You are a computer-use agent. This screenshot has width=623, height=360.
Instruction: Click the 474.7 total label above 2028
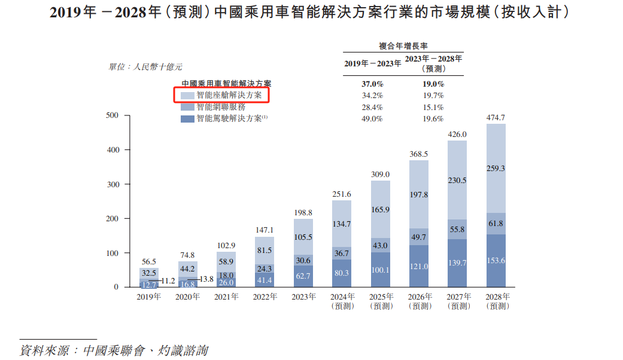[496, 117]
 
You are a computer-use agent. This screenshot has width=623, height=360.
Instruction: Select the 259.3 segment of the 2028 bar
[496, 169]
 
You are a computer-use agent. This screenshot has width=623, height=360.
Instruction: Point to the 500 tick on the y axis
[113, 115]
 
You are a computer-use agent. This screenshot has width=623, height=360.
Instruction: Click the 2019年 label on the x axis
[148, 297]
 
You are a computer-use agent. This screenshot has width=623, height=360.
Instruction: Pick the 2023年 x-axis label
[303, 297]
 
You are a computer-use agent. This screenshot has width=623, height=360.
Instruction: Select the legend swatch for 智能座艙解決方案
[187, 95]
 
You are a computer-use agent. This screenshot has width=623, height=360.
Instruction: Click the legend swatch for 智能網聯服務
[187, 107]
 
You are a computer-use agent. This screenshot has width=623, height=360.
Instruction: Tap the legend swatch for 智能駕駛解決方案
[187, 119]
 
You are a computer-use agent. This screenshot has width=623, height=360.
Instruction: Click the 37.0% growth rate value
[372, 84]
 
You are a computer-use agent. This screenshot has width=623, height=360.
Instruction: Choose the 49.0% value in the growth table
[372, 119]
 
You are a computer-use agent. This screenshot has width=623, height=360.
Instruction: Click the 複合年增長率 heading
[403, 45]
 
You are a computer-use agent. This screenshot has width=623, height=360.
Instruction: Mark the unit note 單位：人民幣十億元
[145, 67]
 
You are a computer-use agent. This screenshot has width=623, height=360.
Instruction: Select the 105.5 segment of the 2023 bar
[303, 237]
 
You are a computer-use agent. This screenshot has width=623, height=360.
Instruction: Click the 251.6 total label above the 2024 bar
[342, 194]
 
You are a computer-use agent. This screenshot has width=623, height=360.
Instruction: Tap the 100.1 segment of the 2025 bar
[380, 270]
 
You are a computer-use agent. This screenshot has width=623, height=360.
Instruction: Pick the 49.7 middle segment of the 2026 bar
[419, 237]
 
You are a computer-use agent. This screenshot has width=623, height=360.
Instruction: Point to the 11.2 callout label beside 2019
[167, 280]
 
